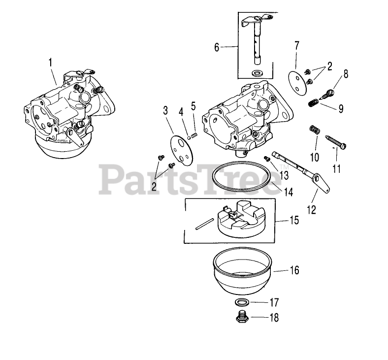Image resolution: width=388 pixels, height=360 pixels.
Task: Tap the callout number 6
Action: pyautogui.click(x=217, y=47)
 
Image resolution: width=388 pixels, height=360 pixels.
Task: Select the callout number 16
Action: pyautogui.click(x=294, y=270)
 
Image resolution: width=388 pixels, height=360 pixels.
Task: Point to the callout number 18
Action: pyautogui.click(x=274, y=318)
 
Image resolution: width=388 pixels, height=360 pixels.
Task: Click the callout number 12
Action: pyautogui.click(x=311, y=209)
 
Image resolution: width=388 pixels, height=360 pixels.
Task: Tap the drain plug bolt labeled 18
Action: pyautogui.click(x=242, y=318)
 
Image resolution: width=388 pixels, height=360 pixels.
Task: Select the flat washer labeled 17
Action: pyautogui.click(x=242, y=302)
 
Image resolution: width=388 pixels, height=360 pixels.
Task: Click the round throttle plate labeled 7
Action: pyautogui.click(x=296, y=80)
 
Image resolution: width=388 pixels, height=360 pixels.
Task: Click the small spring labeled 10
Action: pyautogui.click(x=314, y=131)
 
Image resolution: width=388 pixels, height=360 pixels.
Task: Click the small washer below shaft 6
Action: pyautogui.click(x=257, y=73)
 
